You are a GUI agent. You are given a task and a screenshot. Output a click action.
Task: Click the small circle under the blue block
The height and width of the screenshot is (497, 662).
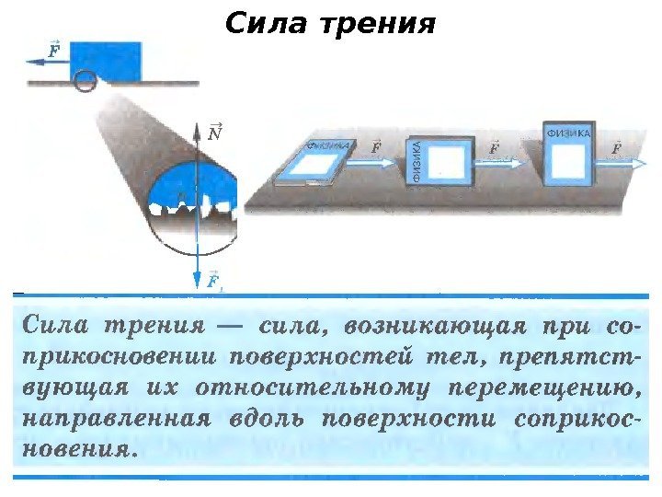point(85,82)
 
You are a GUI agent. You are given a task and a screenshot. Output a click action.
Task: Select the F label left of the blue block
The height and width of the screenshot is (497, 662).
point(53,48)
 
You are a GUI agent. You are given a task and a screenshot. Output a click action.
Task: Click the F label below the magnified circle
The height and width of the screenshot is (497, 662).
point(214,280)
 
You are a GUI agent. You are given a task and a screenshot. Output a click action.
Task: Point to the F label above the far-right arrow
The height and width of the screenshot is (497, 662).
point(615,146)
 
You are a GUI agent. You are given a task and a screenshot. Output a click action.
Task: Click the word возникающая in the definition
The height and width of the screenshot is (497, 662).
point(430,325)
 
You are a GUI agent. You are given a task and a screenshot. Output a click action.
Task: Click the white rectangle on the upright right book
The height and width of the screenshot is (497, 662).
point(569,163)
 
